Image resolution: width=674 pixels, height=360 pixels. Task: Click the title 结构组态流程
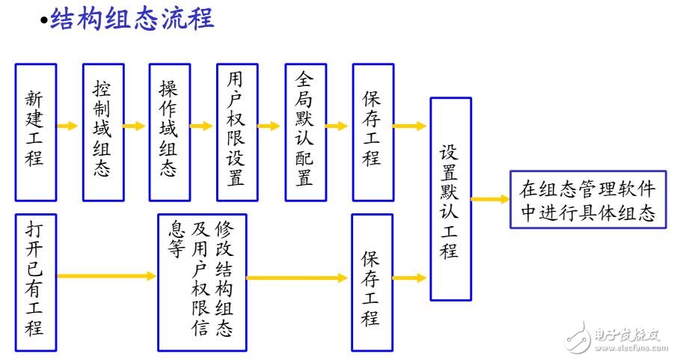[x=132, y=19]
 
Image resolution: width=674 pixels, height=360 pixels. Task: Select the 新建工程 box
[x=35, y=132]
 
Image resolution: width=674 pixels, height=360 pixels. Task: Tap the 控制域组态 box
[x=102, y=132]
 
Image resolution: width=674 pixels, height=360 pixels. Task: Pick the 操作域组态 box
[x=169, y=132]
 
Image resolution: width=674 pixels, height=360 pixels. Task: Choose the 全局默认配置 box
[x=304, y=132]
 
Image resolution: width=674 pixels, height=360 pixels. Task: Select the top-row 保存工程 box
[x=372, y=132]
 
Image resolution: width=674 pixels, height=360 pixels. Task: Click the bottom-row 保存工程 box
[x=372, y=283]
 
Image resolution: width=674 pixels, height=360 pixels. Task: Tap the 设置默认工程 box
[x=450, y=199]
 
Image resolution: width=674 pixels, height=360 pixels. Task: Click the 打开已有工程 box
[x=35, y=283]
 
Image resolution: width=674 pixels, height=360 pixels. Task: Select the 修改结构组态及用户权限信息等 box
[x=201, y=283]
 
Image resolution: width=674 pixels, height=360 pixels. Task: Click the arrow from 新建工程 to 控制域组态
[x=68, y=126]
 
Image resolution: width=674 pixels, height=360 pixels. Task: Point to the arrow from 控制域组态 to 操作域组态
[x=135, y=126]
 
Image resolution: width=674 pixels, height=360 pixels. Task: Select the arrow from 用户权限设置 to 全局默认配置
[x=269, y=126]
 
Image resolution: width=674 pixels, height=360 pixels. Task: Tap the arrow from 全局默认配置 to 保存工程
[x=337, y=126]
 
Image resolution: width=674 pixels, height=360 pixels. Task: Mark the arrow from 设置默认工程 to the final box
[x=490, y=199]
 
